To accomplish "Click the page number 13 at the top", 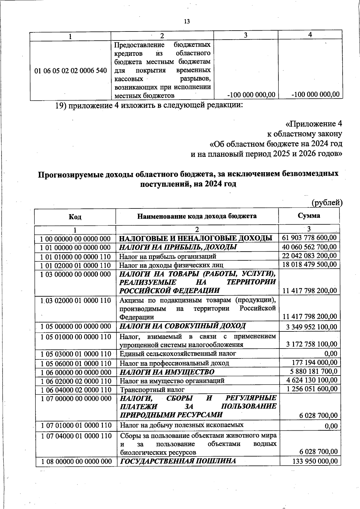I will pyautogui.click(x=187, y=22).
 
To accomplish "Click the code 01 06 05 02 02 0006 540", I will pyautogui.click(x=71, y=71).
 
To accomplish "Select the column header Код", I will pyautogui.click(x=75, y=217).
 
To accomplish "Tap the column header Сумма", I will pyautogui.click(x=309, y=216).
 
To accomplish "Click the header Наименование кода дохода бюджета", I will pyautogui.click(x=197, y=216).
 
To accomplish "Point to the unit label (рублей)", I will pyautogui.click(x=327, y=203).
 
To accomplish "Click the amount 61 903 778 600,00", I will pyautogui.click(x=309, y=238).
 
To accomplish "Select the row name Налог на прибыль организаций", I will pyautogui.click(x=168, y=256).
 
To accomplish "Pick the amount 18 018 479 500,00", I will pyautogui.click(x=309, y=265).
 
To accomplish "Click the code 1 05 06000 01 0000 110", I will pyautogui.click(x=76, y=364).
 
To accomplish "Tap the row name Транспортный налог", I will pyautogui.click(x=152, y=390).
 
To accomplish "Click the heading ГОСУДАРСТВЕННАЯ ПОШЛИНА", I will pyautogui.click(x=178, y=461).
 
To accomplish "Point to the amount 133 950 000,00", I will pyautogui.click(x=315, y=461).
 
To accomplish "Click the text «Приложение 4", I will pyautogui.click(x=313, y=124).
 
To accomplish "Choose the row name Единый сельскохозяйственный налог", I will pyautogui.click(x=178, y=354).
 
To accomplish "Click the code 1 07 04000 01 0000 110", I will pyautogui.click(x=76, y=436).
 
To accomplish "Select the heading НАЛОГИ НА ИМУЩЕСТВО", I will pyautogui.click(x=167, y=372).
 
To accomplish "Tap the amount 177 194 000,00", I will pyautogui.click(x=315, y=363).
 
